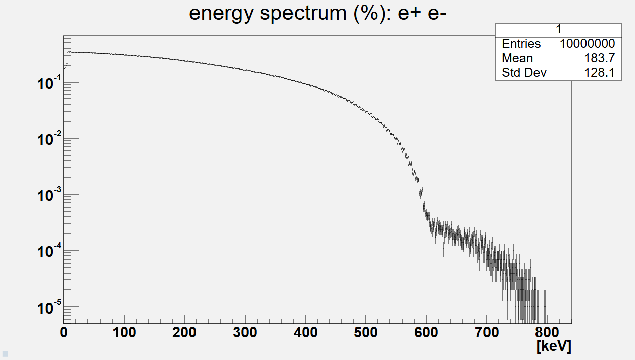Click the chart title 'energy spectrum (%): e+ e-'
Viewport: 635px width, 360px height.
(x=318, y=14)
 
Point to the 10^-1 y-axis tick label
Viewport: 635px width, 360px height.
(x=49, y=83)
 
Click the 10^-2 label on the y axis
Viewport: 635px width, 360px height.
(x=49, y=139)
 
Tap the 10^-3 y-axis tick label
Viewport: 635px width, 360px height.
(x=49, y=195)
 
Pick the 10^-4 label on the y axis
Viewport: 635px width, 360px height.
(x=49, y=251)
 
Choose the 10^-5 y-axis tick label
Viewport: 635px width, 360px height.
(x=49, y=307)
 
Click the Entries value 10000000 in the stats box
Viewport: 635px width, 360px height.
(x=587, y=44)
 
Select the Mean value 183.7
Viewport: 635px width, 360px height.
(x=599, y=58)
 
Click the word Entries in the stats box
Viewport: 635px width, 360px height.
(x=521, y=44)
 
